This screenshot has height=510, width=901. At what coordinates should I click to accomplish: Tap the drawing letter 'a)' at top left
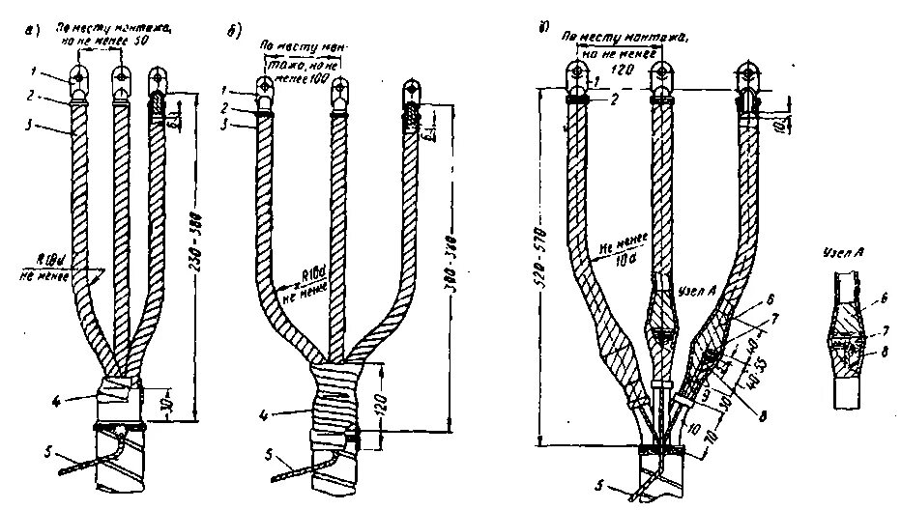click(32, 36)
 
